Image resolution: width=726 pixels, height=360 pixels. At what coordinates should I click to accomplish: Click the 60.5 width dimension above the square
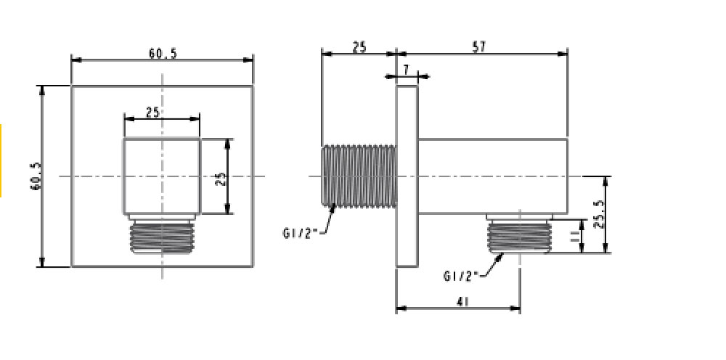point(163,53)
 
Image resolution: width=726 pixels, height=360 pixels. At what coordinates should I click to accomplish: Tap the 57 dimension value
point(478,47)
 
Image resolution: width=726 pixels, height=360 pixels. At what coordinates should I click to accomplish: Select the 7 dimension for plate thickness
point(406,69)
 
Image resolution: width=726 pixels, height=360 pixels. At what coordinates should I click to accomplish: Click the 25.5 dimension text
point(599,215)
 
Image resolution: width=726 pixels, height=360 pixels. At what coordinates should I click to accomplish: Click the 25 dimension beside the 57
point(359,47)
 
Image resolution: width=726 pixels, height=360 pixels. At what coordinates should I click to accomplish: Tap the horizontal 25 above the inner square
point(152,112)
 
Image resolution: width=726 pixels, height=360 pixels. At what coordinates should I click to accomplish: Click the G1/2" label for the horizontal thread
point(299,232)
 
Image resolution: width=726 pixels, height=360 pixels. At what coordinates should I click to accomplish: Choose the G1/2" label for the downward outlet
point(460,276)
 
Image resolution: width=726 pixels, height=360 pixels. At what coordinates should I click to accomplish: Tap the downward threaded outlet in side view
point(520,235)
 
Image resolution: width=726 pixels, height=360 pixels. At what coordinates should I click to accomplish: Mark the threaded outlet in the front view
point(162,237)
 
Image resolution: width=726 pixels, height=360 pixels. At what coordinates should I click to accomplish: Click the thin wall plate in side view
point(407,176)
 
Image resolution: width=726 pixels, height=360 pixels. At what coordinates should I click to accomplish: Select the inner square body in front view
point(162,176)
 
